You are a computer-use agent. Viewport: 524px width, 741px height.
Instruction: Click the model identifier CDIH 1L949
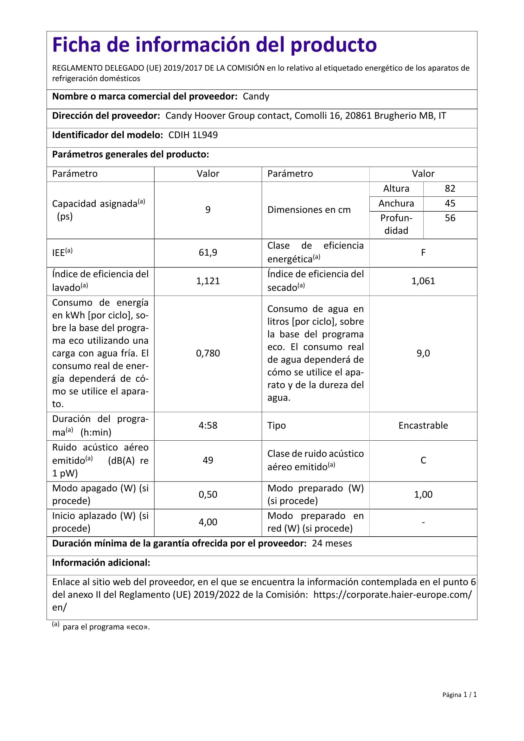193,135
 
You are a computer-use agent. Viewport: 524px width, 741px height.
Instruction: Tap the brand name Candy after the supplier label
256,97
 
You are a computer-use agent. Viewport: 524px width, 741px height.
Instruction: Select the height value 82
450,188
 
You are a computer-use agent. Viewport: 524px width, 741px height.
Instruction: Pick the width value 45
450,203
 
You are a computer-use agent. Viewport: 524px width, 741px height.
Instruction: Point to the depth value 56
450,218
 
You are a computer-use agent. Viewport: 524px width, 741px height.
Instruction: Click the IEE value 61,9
208,252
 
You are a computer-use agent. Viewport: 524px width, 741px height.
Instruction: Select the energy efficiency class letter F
423,252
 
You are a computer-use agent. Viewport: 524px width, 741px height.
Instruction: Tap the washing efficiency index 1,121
208,281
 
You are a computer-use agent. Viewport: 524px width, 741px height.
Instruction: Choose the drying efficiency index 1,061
423,281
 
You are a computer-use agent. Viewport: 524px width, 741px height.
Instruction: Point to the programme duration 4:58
208,425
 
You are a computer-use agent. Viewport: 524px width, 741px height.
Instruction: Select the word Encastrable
423,425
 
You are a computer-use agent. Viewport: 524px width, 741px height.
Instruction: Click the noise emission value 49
208,460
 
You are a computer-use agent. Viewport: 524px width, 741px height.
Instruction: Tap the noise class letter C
423,460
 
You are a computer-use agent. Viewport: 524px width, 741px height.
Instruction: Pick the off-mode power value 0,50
208,495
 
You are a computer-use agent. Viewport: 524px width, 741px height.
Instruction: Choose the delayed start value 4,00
208,522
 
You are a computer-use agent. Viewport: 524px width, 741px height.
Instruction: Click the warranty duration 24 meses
332,544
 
